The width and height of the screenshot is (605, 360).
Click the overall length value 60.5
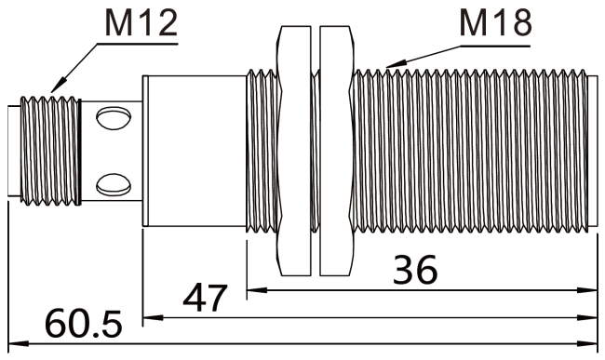(x=84, y=325)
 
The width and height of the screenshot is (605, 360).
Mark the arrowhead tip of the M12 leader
(x=54, y=92)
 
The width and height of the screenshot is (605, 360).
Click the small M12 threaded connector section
(x=47, y=150)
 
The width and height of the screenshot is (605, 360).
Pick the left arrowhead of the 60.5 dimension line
(x=10, y=344)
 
